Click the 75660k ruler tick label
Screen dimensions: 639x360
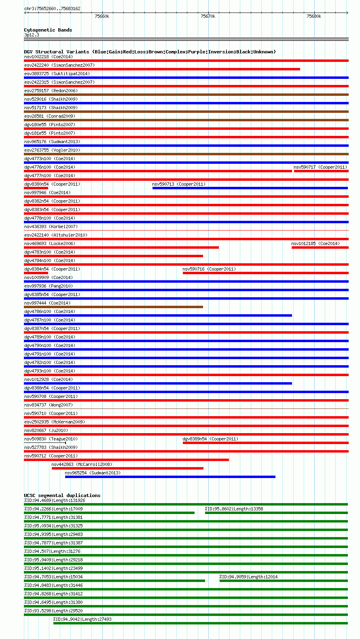(102, 16)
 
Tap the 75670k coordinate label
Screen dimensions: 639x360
(208, 16)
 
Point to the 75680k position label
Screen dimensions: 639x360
(314, 16)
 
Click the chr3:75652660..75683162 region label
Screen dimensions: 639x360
(52, 8)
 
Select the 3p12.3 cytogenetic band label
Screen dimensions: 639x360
(32, 35)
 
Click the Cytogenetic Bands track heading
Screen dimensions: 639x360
(48, 30)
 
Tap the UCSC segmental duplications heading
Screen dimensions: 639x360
(62, 495)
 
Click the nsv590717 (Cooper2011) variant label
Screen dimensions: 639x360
(320, 167)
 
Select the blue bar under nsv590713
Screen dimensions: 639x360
(250, 188)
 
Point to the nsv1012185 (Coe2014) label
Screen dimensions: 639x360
(316, 243)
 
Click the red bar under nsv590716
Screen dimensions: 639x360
(265, 273)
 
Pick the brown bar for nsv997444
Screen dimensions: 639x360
(113, 307)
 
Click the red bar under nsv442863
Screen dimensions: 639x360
(127, 468)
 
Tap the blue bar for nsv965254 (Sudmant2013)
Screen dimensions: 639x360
(170, 477)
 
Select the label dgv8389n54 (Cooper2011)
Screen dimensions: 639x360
(210, 439)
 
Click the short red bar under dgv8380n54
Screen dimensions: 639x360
(36, 188)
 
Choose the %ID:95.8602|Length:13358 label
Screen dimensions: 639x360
(234, 509)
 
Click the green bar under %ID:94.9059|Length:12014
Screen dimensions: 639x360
(283, 581)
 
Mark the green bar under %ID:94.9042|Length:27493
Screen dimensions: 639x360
(200, 623)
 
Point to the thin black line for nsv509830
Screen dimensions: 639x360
(44, 443)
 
